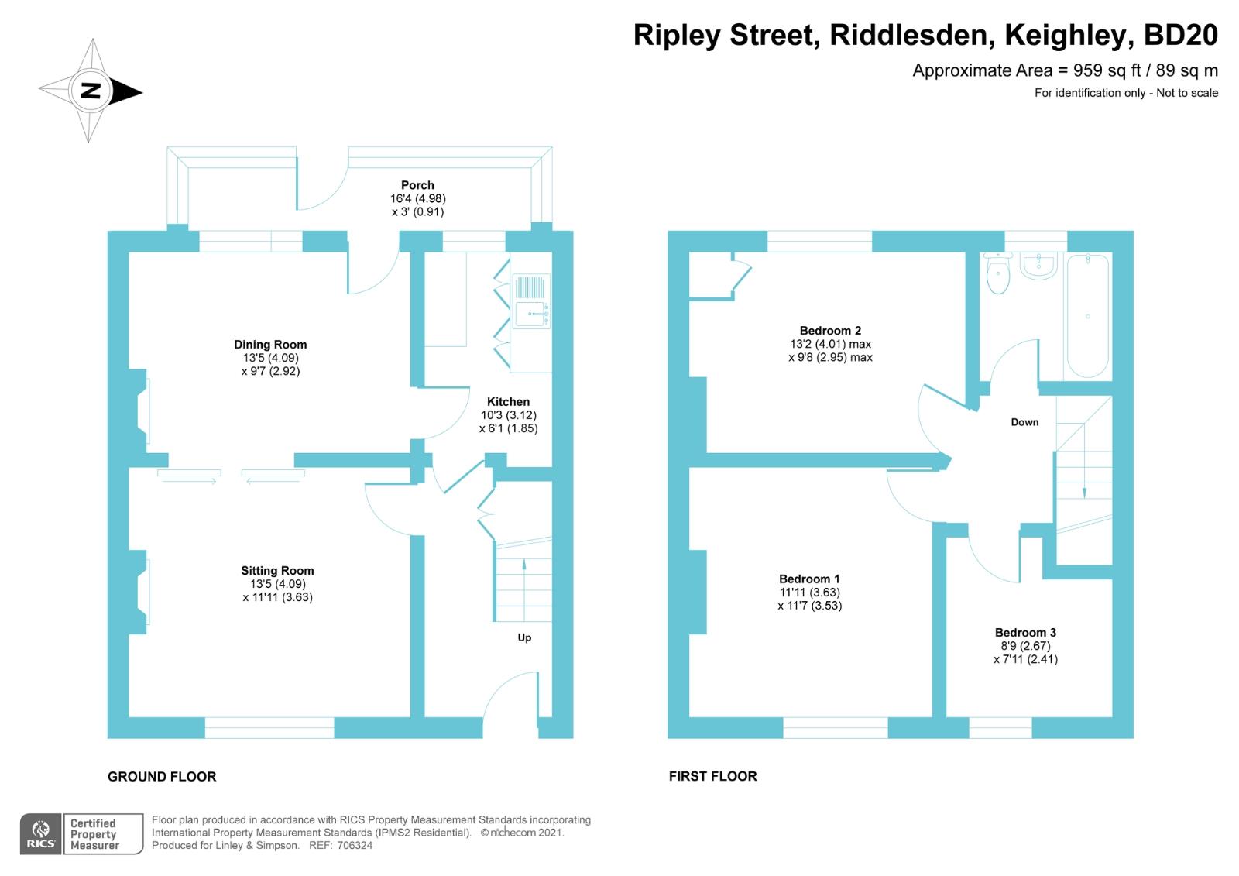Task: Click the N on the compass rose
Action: click(x=91, y=91)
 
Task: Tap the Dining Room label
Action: click(x=270, y=345)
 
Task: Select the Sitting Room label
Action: click(x=277, y=571)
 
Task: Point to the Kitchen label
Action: click(x=508, y=402)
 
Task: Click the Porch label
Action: click(x=417, y=185)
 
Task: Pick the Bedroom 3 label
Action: click(x=1025, y=633)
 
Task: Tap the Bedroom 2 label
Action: click(x=830, y=331)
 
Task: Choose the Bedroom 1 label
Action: click(x=809, y=579)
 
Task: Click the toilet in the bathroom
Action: click(x=998, y=274)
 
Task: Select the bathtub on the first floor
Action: click(x=1088, y=316)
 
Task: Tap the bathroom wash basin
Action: click(x=1038, y=266)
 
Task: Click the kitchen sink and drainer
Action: click(x=531, y=301)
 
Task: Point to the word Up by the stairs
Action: click(x=524, y=638)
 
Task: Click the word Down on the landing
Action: click(x=1024, y=422)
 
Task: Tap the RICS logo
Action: click(x=41, y=834)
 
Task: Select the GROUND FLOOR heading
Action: click(x=162, y=777)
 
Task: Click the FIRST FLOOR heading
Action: click(x=712, y=776)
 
